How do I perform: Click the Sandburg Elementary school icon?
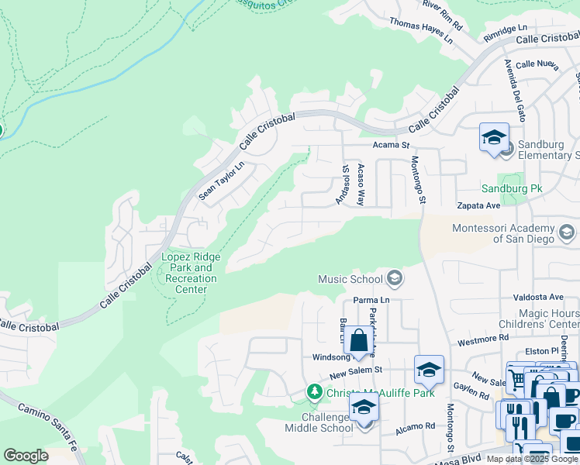click(x=494, y=137)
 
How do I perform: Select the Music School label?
click(x=351, y=279)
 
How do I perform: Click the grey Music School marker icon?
click(x=395, y=278)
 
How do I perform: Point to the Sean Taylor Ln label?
click(x=221, y=181)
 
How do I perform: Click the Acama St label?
click(x=391, y=145)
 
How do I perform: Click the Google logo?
click(x=26, y=456)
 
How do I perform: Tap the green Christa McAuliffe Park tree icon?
click(x=314, y=392)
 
